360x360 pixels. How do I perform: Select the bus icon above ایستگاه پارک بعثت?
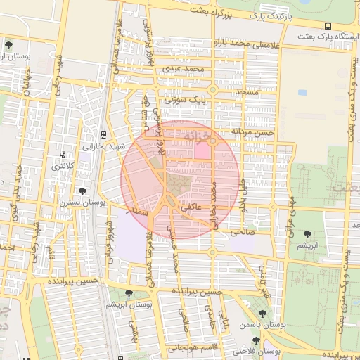pos(328,27)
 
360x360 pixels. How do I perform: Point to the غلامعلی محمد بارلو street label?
pos(246,45)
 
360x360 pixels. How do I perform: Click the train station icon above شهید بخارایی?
pos(103,135)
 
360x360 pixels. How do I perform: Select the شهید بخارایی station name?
pos(103,147)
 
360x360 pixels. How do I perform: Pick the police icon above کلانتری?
pos(64,155)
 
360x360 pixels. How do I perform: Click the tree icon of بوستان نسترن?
pos(83,191)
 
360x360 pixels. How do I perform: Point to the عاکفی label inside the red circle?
pos(191,208)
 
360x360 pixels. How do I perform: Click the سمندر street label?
pos(134,210)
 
